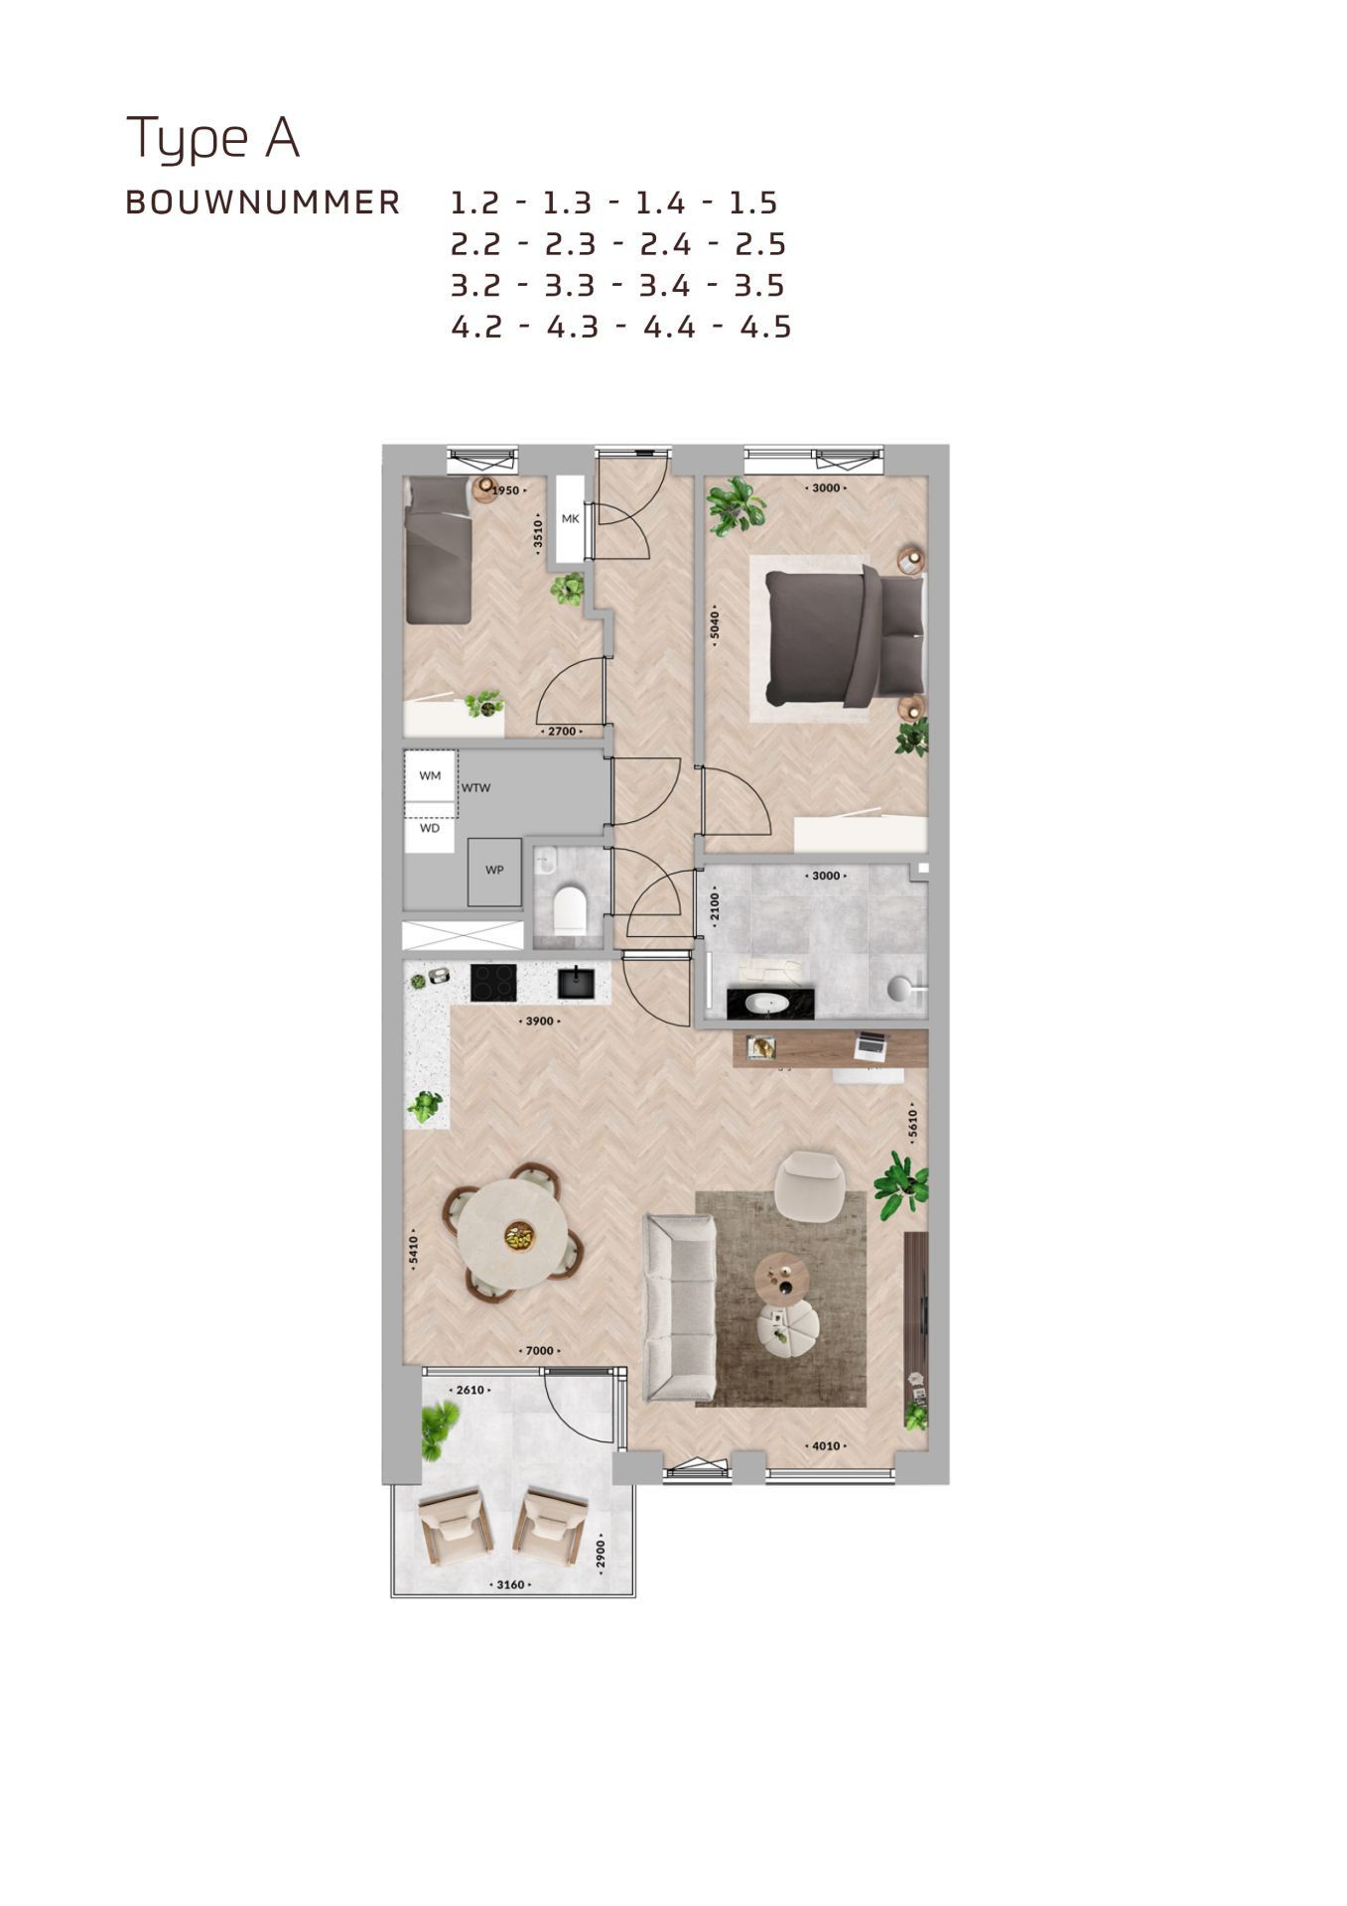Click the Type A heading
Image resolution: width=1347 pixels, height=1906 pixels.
click(x=212, y=138)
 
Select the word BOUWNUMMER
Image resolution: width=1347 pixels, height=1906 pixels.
click(x=263, y=203)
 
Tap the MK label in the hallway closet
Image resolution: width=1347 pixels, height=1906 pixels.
click(x=570, y=518)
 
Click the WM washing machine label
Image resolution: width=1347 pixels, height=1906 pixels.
click(x=430, y=775)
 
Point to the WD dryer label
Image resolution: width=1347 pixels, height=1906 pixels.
click(x=429, y=828)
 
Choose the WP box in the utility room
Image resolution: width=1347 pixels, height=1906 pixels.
click(x=494, y=871)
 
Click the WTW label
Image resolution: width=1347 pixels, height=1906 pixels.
click(x=476, y=788)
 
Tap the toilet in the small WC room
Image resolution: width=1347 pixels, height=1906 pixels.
click(x=571, y=909)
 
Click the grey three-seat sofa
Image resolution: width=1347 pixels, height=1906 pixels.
click(x=679, y=1306)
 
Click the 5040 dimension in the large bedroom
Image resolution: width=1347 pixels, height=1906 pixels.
click(x=714, y=627)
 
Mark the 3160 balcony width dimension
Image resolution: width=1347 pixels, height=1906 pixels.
click(x=510, y=1584)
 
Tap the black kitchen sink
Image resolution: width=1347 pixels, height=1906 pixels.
click(x=576, y=983)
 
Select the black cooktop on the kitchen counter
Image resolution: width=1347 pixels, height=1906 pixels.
click(x=493, y=983)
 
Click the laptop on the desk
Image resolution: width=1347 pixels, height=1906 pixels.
click(x=871, y=1044)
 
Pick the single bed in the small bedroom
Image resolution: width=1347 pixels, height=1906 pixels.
click(x=438, y=551)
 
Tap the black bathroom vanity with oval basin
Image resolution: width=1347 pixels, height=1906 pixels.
click(x=770, y=1004)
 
